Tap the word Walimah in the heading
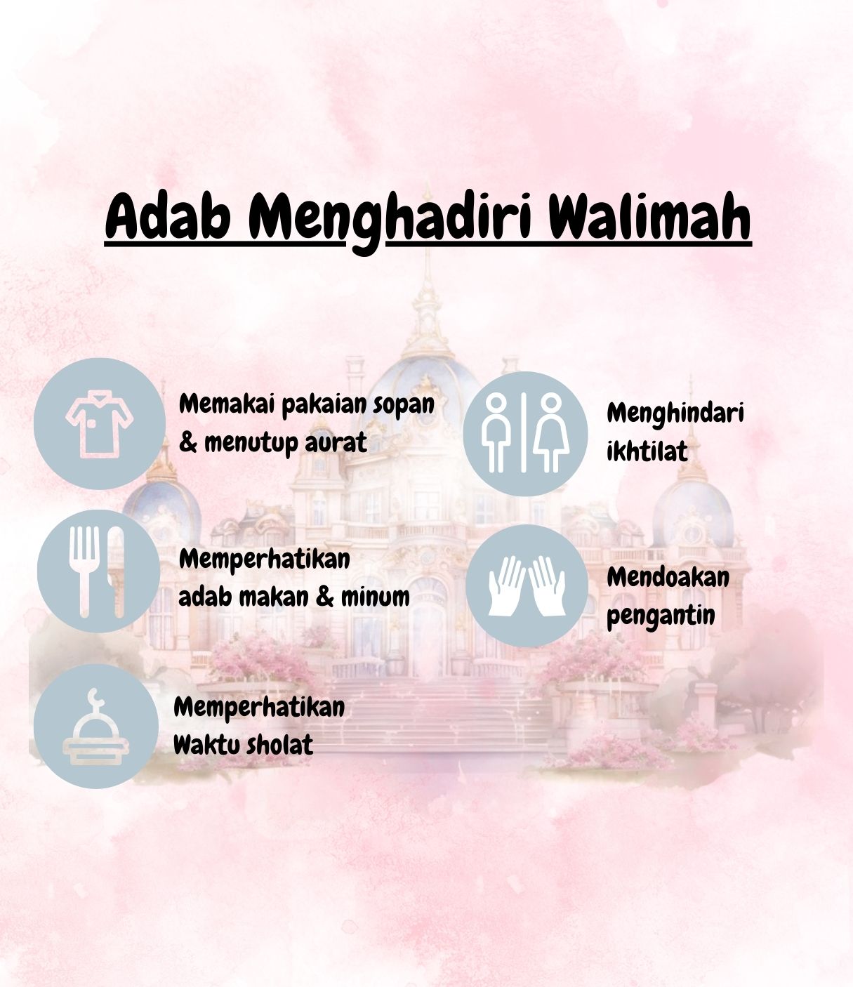pos(649,216)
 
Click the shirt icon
pos(100,424)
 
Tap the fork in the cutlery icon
pos(84,571)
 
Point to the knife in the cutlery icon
pos(116,571)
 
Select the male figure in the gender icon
pos(496,432)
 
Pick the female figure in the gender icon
pos(551,432)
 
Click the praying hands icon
pos(527,585)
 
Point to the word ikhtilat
pos(647,451)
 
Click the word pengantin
pos(661,616)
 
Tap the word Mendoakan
pos(668,577)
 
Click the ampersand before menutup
pos(188,443)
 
